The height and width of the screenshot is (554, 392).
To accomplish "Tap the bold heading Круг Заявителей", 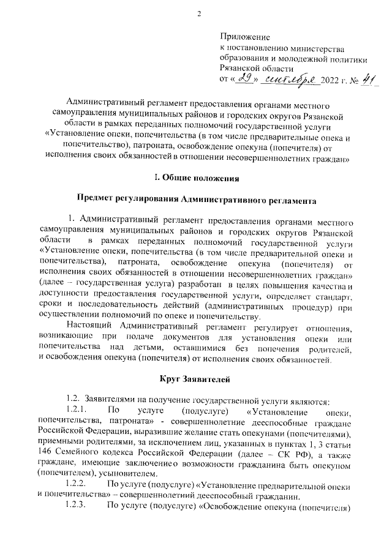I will pyautogui.click(x=196, y=374).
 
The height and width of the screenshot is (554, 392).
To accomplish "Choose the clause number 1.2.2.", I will pyautogui.click(x=77, y=485).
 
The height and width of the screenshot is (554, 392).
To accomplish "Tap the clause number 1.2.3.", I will pyautogui.click(x=77, y=507).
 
